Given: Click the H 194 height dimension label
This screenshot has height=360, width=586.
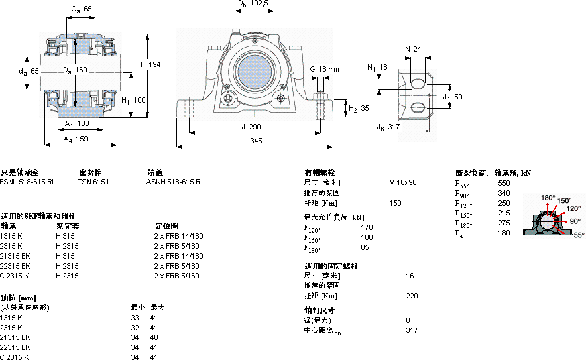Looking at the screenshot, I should (150, 64).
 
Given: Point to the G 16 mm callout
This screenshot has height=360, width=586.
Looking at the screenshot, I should (324, 69).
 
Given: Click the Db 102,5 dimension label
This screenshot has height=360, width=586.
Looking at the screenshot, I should (253, 4).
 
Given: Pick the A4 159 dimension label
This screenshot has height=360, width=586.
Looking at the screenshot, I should (76, 139).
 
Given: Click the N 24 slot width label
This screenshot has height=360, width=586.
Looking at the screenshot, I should (413, 48).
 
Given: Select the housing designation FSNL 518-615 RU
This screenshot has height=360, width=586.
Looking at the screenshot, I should (29, 181).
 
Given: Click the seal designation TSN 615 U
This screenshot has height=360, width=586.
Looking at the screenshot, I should (95, 181).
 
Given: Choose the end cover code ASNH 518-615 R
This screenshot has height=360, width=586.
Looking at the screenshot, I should (173, 181).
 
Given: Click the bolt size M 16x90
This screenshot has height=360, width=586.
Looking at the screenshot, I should (402, 182).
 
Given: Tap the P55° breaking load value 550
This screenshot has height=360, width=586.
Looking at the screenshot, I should (504, 182).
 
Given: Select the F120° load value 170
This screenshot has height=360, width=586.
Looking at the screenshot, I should (367, 227).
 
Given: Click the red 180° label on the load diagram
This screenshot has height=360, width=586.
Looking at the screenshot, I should (548, 197).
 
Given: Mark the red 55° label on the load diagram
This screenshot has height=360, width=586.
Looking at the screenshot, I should (579, 235).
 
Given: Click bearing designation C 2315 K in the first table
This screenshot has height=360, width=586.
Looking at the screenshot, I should (15, 276).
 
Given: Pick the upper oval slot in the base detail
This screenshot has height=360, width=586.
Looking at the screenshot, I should (418, 82).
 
